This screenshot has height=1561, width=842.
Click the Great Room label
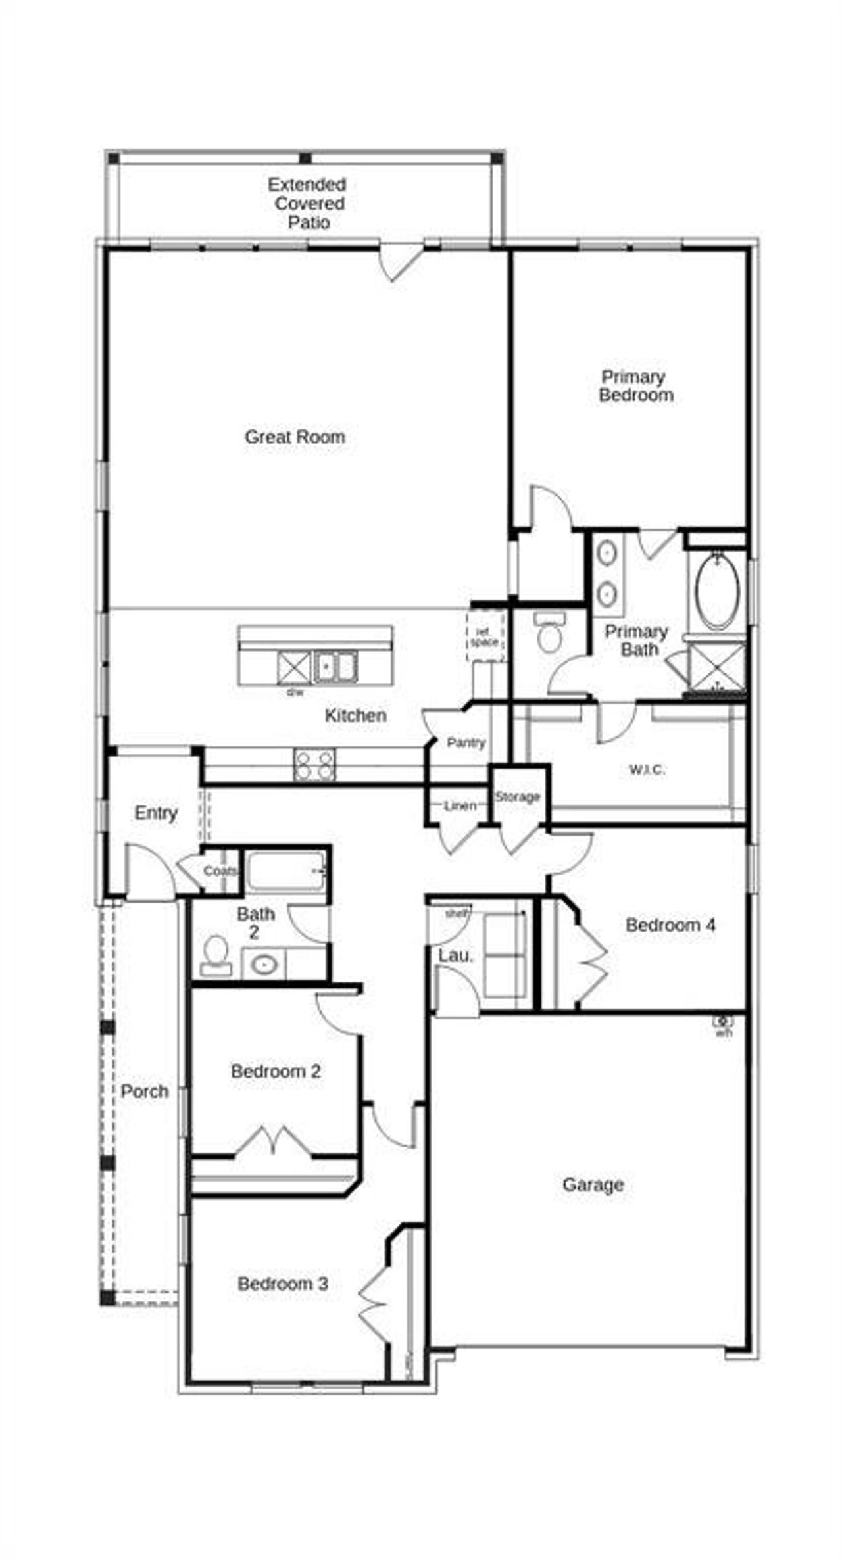coord(295,437)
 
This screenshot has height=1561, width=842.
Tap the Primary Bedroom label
coord(635,386)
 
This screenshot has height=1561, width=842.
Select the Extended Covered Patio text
coord(307,203)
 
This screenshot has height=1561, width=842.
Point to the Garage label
coord(593,1184)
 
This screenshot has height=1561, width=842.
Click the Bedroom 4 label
coord(670,925)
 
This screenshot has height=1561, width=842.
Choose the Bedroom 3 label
coord(283,1283)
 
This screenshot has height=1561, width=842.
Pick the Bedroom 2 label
coord(276,1071)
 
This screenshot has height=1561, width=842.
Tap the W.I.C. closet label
coord(647,769)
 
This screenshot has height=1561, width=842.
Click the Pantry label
coord(466,742)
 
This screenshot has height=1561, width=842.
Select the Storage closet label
coord(518,796)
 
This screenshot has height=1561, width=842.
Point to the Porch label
coord(145,1092)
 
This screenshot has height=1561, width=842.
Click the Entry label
coord(156,813)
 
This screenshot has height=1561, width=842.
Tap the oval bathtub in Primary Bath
coord(718,592)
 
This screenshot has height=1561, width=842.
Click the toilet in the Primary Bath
coord(549,632)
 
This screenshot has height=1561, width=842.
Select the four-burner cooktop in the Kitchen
coord(314,765)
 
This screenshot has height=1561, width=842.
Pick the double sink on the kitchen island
coord(335,666)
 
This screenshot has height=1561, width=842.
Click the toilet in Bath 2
coord(215,956)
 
